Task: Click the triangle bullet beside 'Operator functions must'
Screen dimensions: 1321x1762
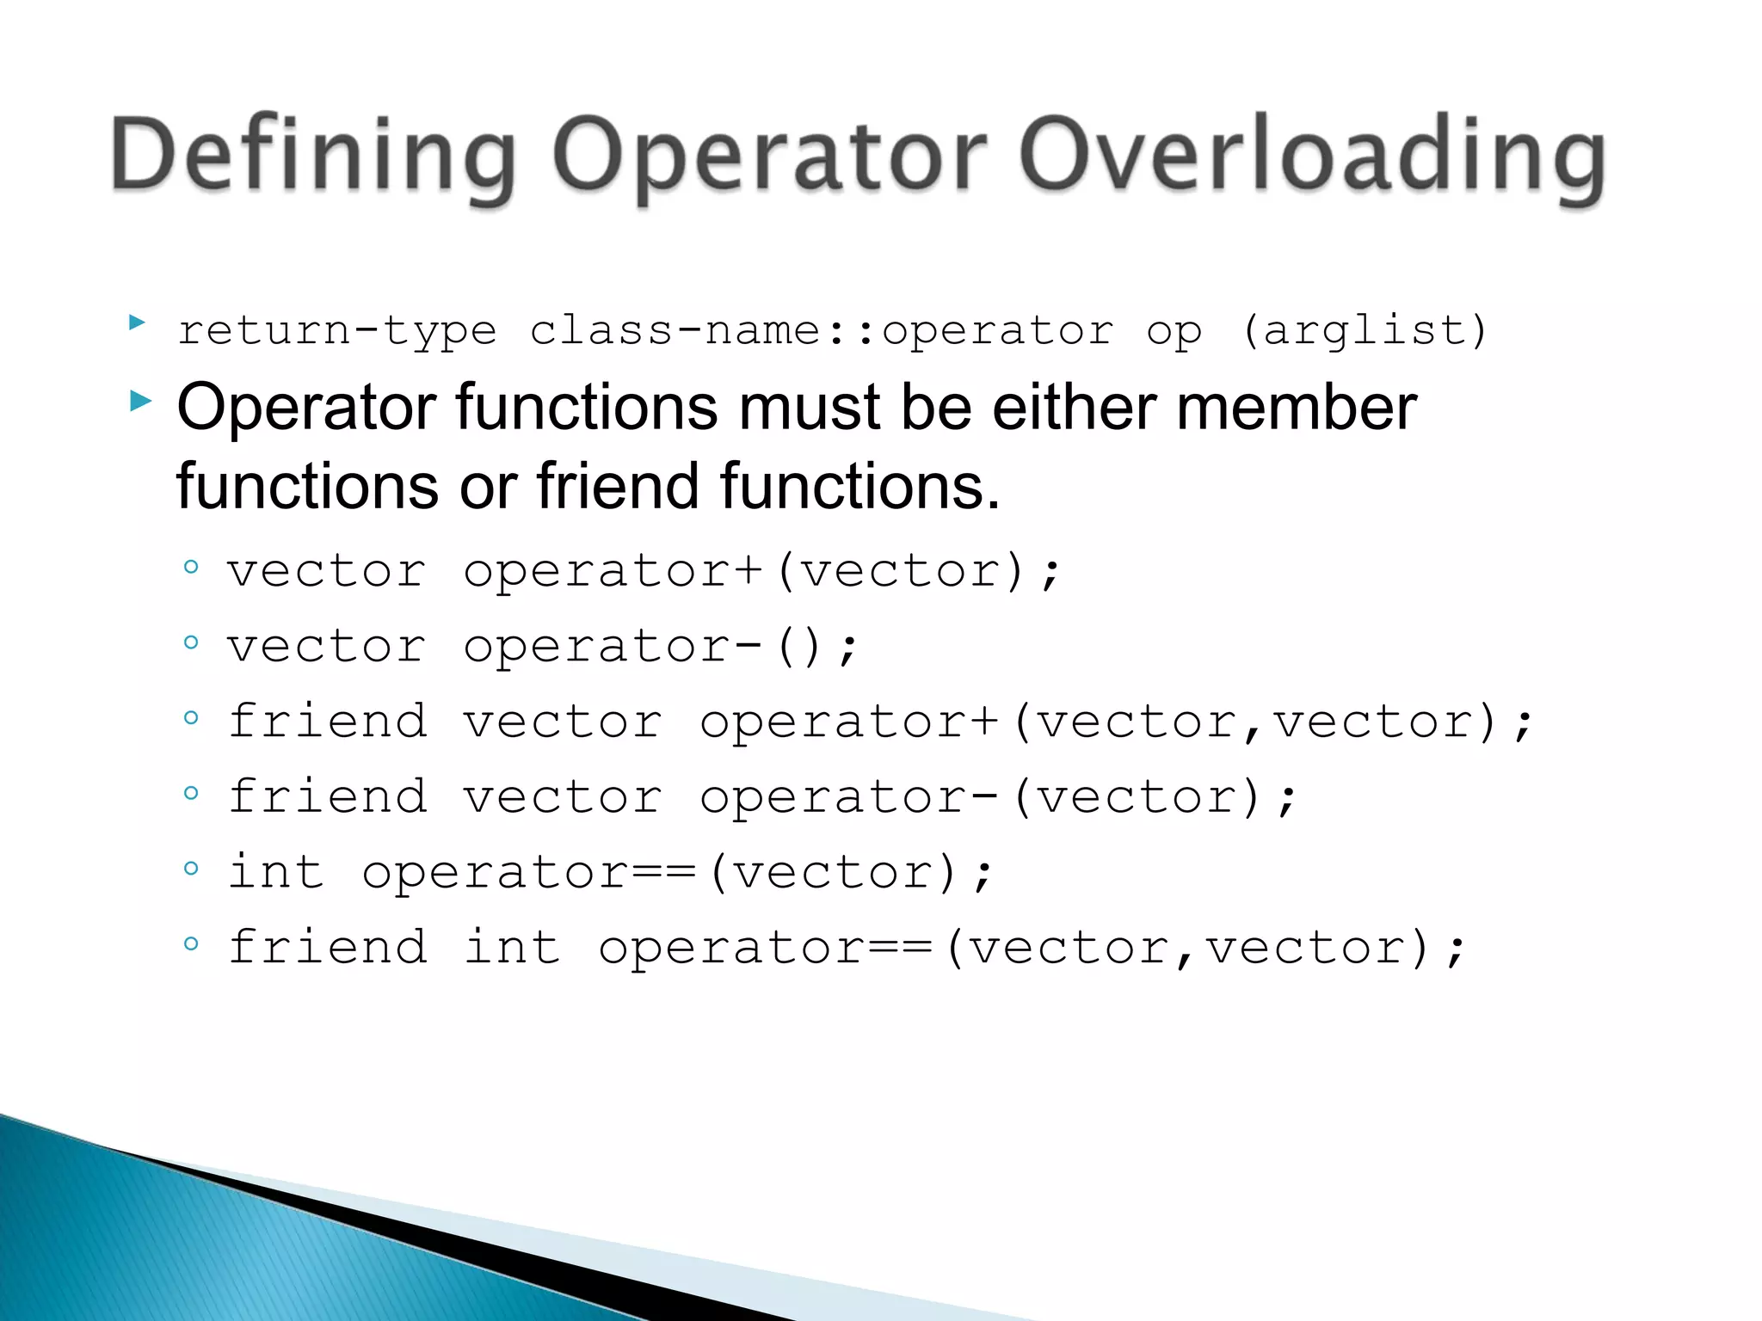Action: (x=140, y=400)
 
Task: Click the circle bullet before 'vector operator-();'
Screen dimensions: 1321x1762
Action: (x=191, y=642)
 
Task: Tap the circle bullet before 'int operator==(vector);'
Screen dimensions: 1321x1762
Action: (x=191, y=868)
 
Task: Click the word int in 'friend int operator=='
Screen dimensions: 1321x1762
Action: (x=512, y=948)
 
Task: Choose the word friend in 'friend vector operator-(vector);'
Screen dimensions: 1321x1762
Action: (x=328, y=796)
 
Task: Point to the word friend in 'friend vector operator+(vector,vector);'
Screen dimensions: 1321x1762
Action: (x=328, y=722)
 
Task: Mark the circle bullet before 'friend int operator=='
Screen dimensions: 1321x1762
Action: (x=191, y=943)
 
